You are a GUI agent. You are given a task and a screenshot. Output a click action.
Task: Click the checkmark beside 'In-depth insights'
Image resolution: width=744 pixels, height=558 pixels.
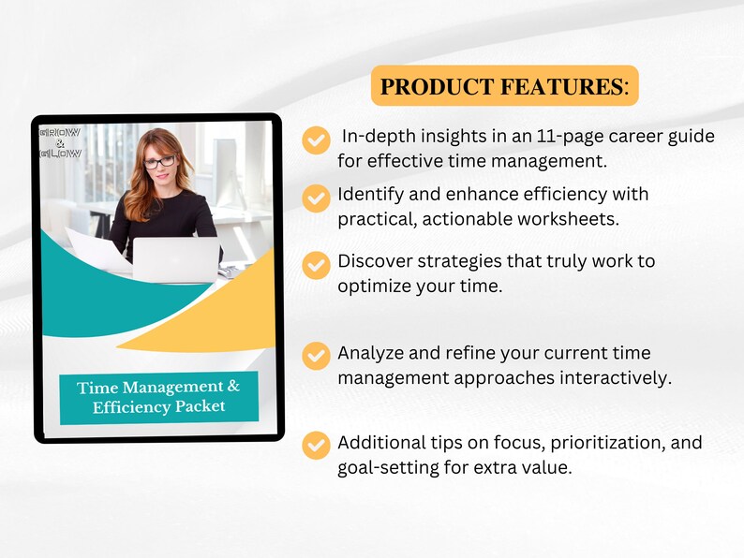tap(316, 140)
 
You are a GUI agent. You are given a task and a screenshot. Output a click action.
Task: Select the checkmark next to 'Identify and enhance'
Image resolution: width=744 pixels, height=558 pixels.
tap(316, 198)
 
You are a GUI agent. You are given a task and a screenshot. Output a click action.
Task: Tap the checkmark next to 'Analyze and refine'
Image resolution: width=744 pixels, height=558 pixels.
tap(316, 357)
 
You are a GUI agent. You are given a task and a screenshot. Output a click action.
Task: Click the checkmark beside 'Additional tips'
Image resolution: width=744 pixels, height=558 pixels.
tap(316, 446)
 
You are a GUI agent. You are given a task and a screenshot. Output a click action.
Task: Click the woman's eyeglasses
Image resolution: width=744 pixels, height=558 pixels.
tap(159, 162)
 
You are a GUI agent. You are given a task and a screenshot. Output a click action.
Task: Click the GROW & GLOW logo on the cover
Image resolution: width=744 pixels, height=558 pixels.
tap(61, 141)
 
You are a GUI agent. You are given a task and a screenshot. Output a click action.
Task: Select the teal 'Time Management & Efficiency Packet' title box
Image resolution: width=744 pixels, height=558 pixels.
tap(158, 398)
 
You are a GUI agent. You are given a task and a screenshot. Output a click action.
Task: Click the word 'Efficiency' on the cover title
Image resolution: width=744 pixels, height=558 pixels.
tap(133, 408)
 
